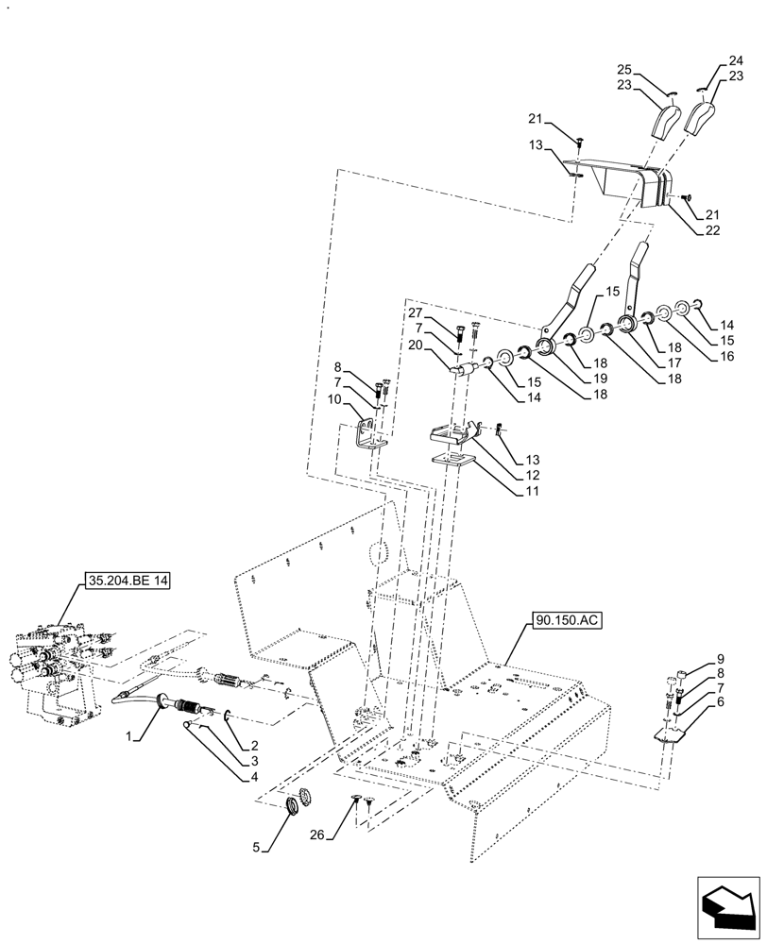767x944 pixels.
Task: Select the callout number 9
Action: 720,658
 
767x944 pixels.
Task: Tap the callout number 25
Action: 623,69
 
